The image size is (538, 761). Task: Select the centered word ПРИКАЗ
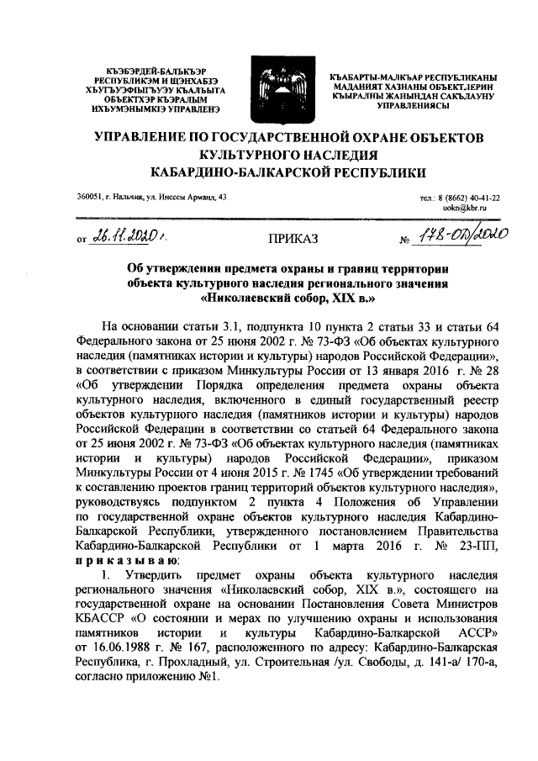293,240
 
